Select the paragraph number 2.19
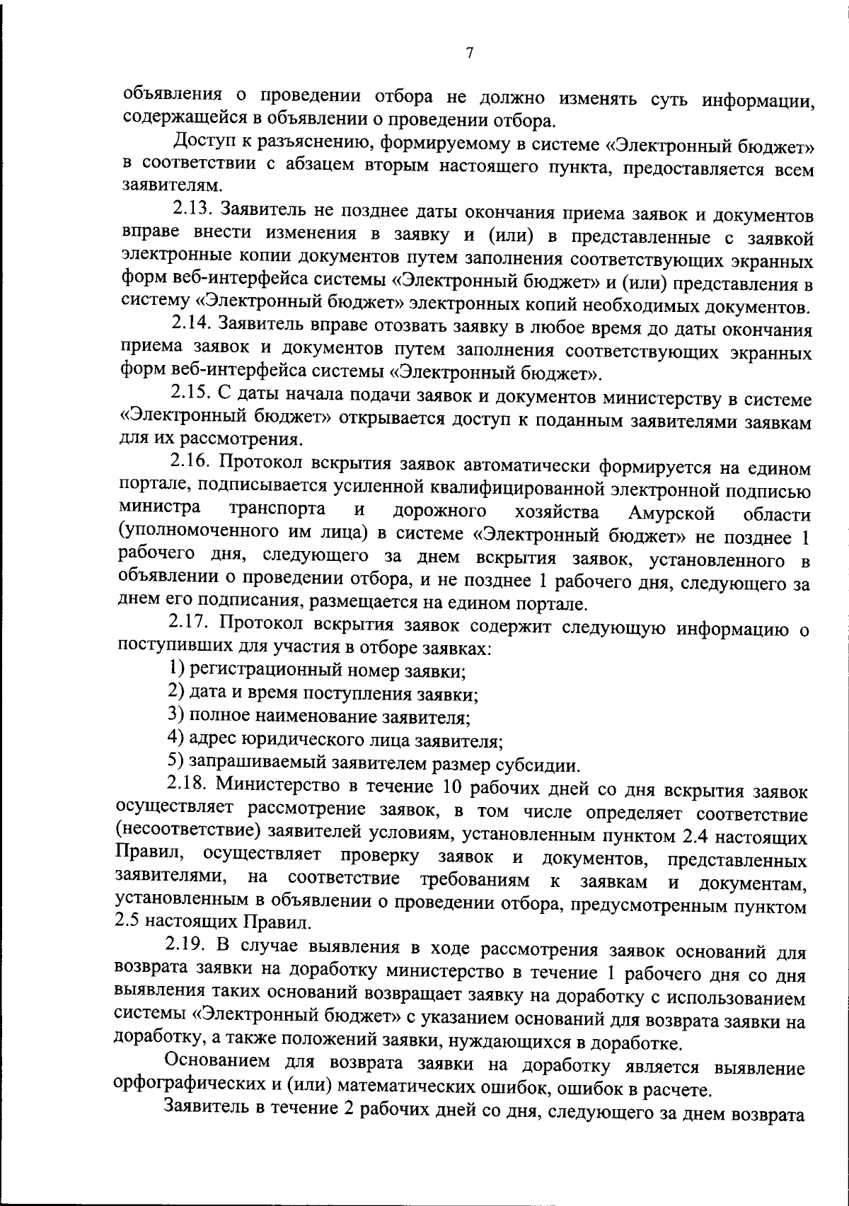pyautogui.click(x=185, y=946)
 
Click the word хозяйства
pyautogui.click(x=556, y=511)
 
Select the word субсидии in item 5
pyautogui.click(x=547, y=765)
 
